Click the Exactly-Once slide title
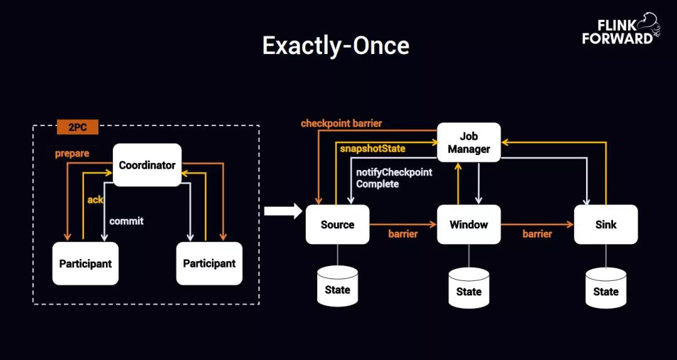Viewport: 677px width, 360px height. coord(335,46)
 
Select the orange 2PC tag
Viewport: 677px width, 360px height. coord(78,127)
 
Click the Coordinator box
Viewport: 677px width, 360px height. coord(147,165)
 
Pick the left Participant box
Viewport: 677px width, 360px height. coord(85,263)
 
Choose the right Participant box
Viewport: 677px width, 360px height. coord(209,263)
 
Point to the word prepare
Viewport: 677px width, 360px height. coord(72,153)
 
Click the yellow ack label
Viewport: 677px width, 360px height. coord(95,199)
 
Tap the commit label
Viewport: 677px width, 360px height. coord(127,221)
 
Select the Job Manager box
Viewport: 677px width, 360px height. coord(469,142)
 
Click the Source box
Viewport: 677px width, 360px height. coord(337,225)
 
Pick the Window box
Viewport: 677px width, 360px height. coord(469,225)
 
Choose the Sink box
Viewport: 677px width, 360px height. coord(606,225)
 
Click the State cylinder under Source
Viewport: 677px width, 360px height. coord(337,287)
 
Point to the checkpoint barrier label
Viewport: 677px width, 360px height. coord(341,123)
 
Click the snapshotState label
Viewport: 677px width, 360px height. coord(372,149)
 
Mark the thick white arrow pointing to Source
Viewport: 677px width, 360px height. coord(283,211)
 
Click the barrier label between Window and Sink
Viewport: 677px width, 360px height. coord(537,234)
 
